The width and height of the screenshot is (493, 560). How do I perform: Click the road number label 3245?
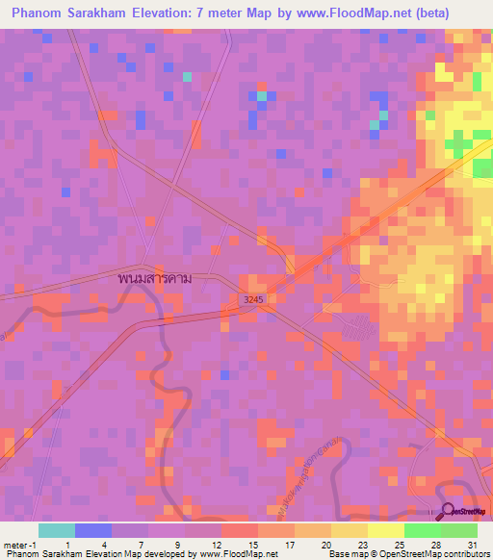(253, 299)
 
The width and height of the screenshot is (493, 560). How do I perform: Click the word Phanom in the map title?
(39, 13)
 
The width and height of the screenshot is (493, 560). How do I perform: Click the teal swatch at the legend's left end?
(57, 530)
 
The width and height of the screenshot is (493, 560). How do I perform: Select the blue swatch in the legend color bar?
(93, 530)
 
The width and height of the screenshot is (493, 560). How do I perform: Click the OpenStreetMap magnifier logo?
(449, 511)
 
